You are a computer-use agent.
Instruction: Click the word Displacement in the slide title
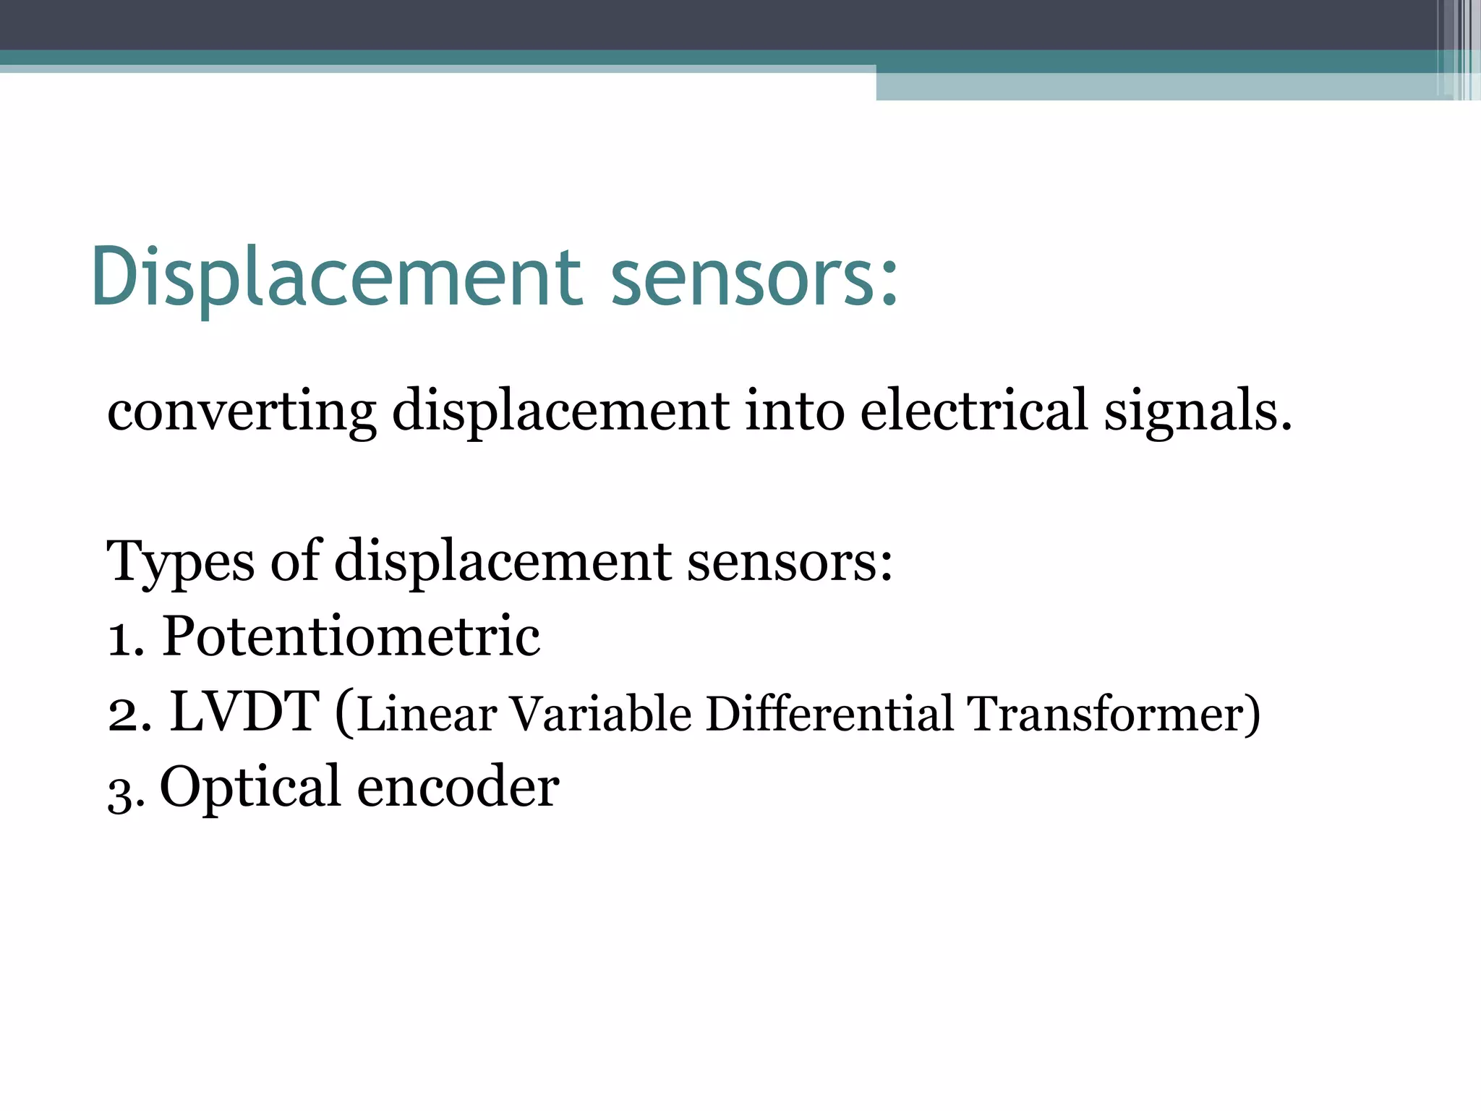click(336, 278)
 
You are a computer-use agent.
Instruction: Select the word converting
click(242, 411)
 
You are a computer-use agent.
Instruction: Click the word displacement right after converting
click(560, 411)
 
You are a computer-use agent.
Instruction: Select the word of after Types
click(295, 561)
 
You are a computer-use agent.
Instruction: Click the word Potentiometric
click(351, 637)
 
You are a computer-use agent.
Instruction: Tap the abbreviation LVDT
click(244, 712)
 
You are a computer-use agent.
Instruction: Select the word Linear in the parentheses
click(427, 715)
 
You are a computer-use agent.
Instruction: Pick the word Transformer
click(1106, 715)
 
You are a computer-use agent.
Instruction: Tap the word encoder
click(458, 787)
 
